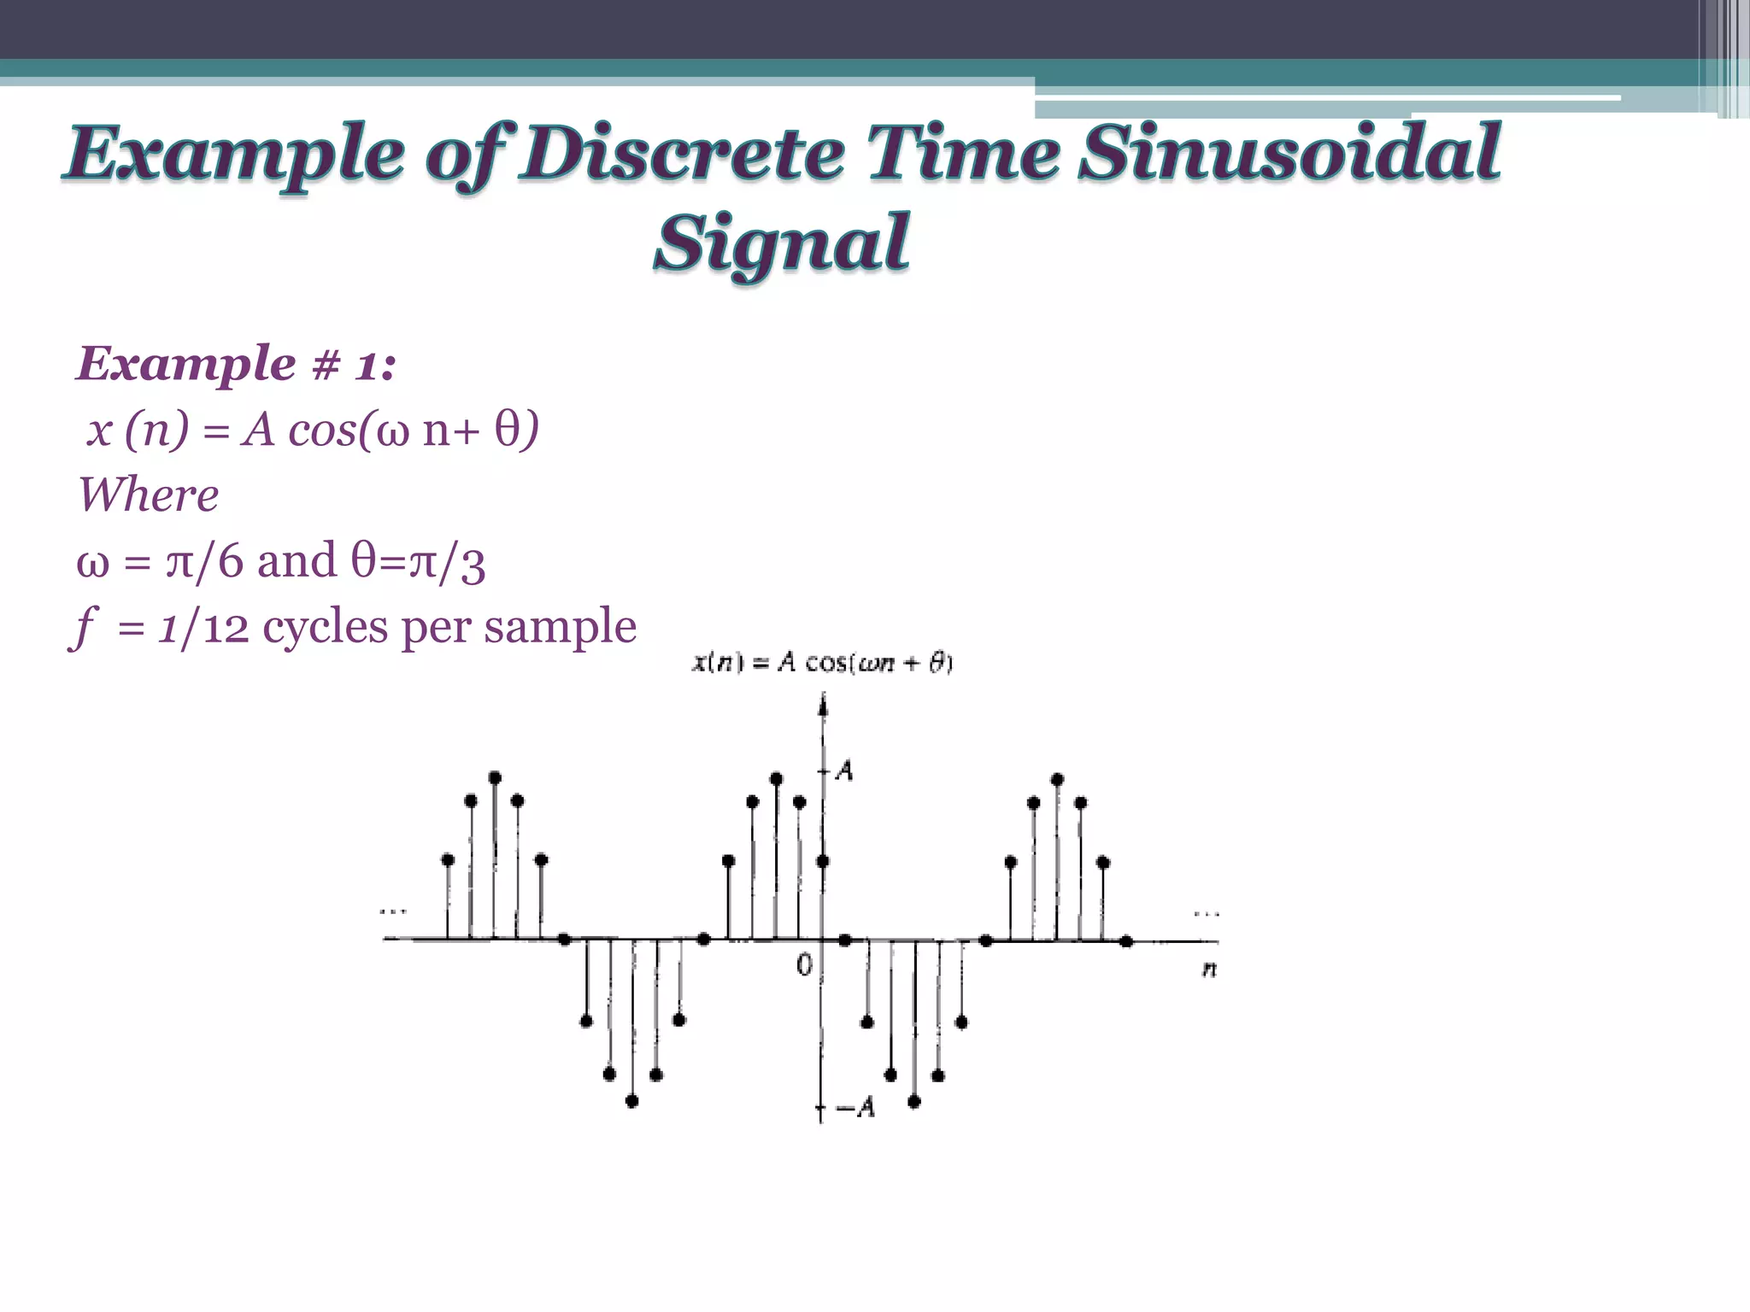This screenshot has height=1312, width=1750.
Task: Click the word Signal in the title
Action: (781, 243)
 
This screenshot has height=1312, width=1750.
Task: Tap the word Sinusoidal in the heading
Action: (1289, 154)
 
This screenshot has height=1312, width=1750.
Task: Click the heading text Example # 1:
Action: (236, 364)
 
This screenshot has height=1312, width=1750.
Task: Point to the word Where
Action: (148, 495)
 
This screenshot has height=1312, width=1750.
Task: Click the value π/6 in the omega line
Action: (204, 562)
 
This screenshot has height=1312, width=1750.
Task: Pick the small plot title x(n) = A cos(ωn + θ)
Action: (821, 663)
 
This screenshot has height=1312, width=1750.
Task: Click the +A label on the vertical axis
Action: (843, 770)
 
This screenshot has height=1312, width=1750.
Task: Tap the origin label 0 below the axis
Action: (804, 965)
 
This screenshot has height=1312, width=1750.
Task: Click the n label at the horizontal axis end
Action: (1209, 969)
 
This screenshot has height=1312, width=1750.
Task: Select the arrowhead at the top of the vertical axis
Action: (823, 704)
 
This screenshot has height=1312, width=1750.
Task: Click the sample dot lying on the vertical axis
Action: (822, 861)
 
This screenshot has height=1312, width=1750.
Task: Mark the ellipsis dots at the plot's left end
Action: (393, 911)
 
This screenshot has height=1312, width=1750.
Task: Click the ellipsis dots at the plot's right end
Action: (1207, 913)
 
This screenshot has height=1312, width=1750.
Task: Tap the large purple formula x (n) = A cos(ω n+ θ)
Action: (313, 430)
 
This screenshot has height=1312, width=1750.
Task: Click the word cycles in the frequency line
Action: (325, 628)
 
